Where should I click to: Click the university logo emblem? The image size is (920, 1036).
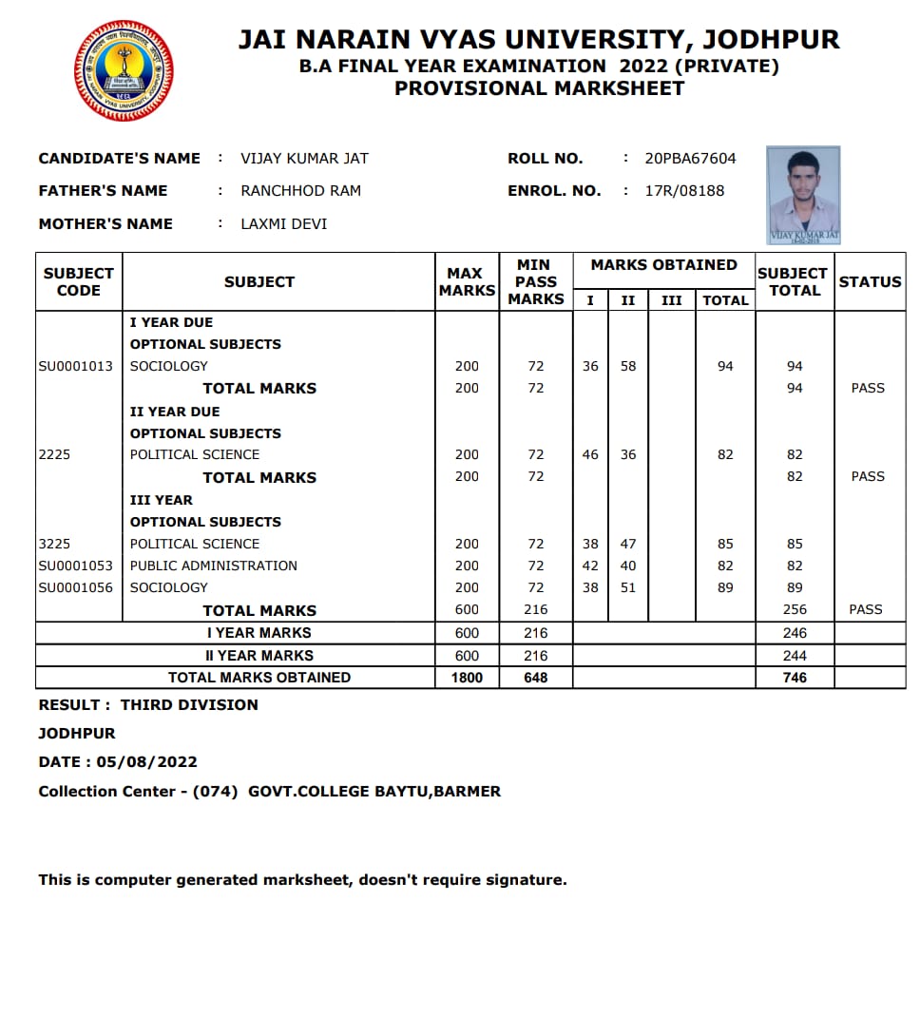(x=124, y=71)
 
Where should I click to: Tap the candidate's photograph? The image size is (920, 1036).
(x=803, y=194)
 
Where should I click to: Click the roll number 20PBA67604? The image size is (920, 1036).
(x=690, y=159)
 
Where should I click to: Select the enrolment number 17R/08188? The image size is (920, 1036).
(x=684, y=191)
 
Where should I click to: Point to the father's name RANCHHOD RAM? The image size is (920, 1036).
(x=300, y=191)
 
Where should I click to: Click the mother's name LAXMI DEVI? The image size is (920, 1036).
(x=284, y=224)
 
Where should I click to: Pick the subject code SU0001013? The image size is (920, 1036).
(x=75, y=366)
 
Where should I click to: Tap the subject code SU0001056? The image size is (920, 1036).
(x=75, y=587)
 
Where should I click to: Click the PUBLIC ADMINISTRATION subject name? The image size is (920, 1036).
(x=214, y=566)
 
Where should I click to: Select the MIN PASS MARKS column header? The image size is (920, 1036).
(x=536, y=281)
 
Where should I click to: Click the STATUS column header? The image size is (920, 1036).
(x=870, y=281)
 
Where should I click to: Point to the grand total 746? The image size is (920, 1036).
(x=795, y=678)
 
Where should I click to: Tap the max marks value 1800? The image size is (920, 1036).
(x=467, y=678)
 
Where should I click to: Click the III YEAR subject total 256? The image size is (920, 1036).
(x=795, y=609)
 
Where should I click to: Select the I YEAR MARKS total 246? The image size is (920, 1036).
(x=795, y=633)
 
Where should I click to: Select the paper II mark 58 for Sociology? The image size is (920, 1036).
(x=628, y=366)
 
